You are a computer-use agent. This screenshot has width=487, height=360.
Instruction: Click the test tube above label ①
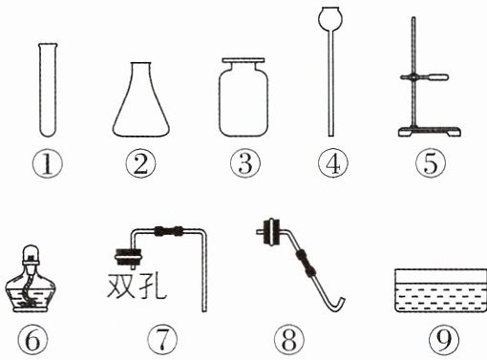[x=48, y=90]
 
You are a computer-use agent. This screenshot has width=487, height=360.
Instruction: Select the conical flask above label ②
[x=140, y=99]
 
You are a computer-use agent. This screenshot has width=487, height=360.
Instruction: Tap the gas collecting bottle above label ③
[x=243, y=99]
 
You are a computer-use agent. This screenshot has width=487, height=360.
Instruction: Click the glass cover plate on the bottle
[x=243, y=60]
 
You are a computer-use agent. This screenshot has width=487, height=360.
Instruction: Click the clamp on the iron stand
[x=425, y=77]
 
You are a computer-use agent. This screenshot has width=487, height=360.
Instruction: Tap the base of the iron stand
[x=430, y=131]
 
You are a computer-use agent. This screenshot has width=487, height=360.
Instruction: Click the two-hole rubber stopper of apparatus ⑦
[x=128, y=256]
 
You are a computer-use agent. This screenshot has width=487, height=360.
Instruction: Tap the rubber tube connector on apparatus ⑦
[x=168, y=231]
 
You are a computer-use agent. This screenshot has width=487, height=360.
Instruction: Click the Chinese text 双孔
[x=137, y=286]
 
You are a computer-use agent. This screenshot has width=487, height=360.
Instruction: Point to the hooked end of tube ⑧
[x=338, y=306]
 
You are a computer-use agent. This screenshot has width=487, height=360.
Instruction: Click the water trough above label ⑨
[x=441, y=290]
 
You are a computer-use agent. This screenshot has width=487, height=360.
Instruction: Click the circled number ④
[x=333, y=163]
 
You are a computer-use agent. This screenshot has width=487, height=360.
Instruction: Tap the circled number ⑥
[x=32, y=340]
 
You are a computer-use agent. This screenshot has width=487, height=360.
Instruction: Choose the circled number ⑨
[x=443, y=340]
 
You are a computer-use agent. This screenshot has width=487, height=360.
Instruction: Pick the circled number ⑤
[x=431, y=163]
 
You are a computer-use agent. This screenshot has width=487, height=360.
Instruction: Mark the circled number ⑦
[x=162, y=340]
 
